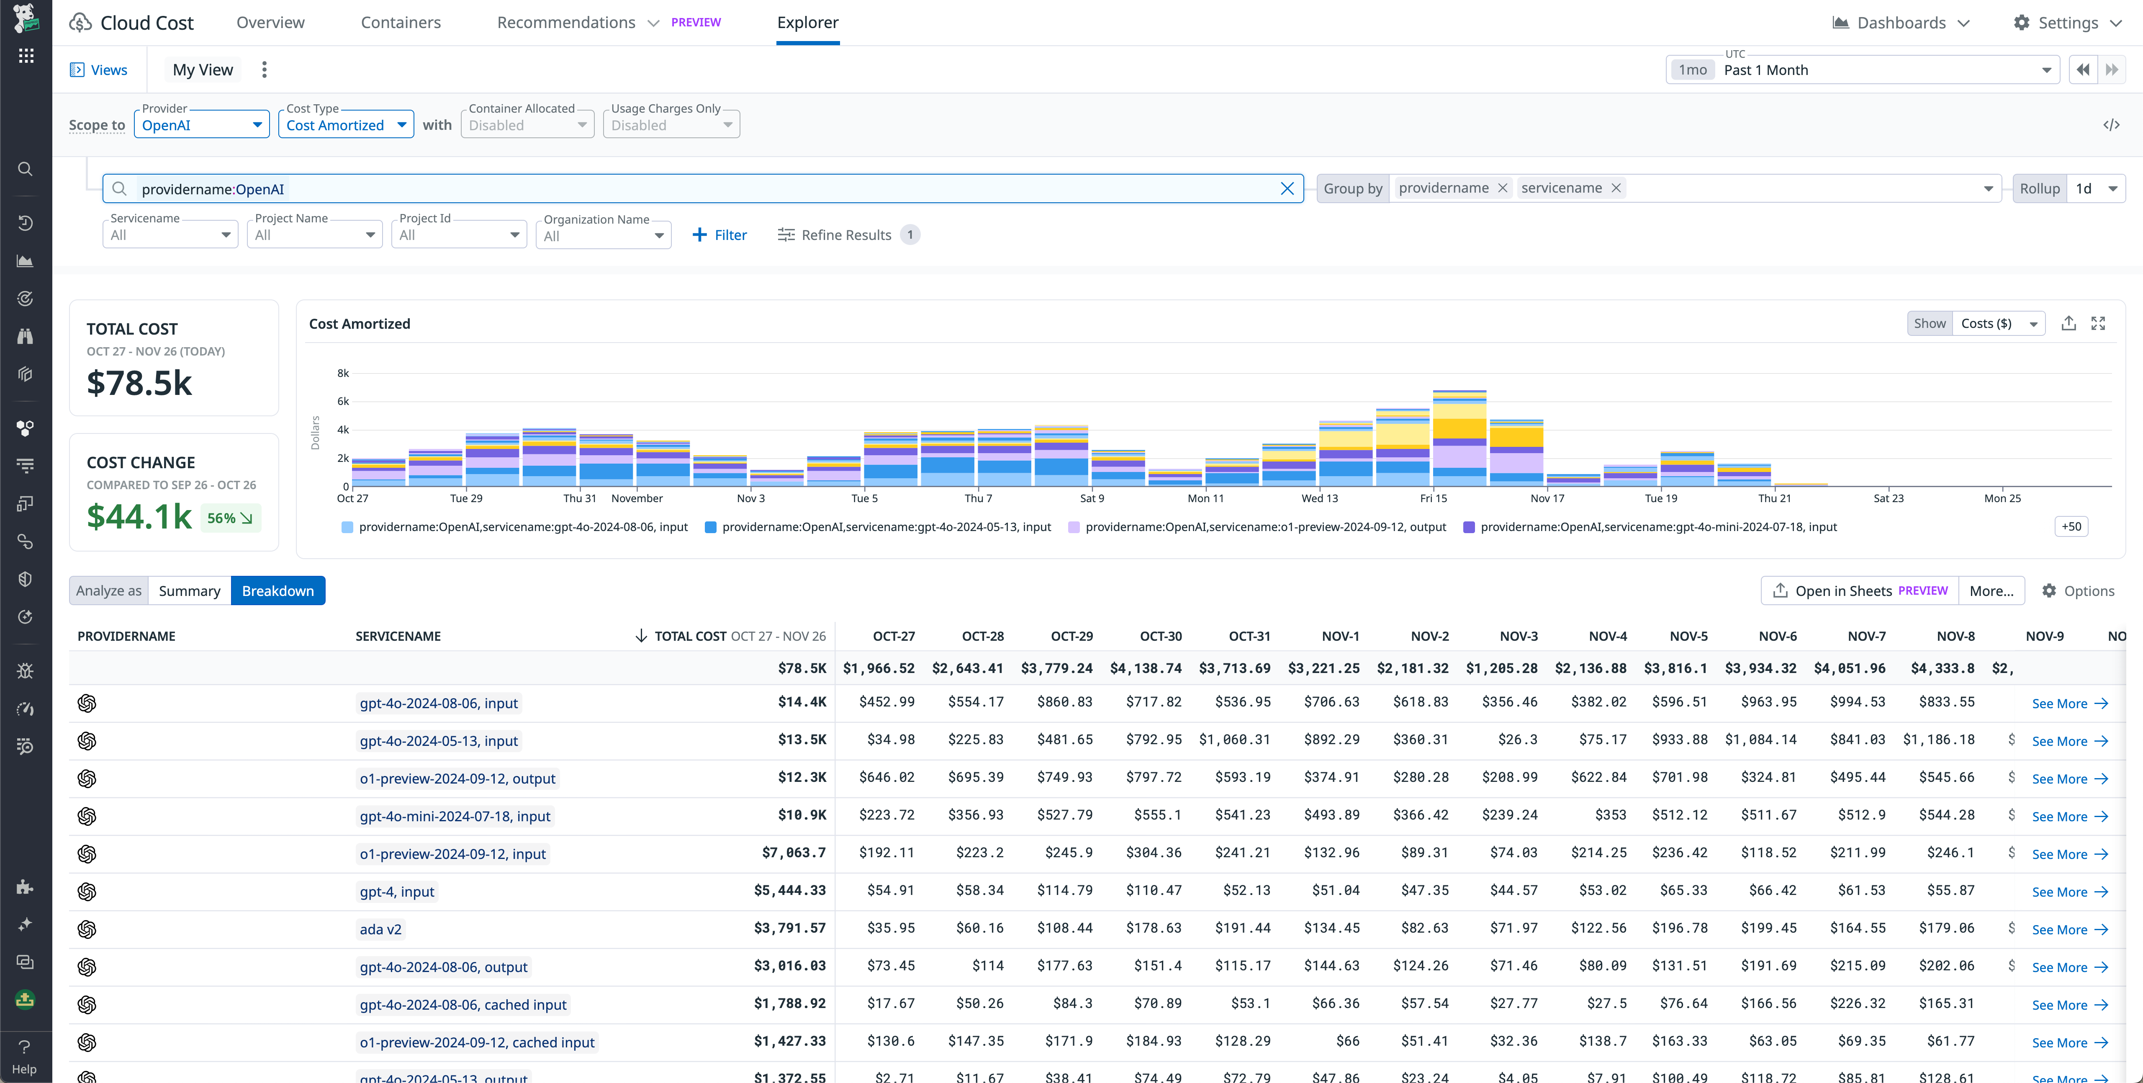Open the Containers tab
400,23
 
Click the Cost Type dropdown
345,125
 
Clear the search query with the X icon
1286,189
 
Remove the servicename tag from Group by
1616,188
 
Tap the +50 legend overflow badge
2071,526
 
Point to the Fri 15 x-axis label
1433,498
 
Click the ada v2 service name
380,929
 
